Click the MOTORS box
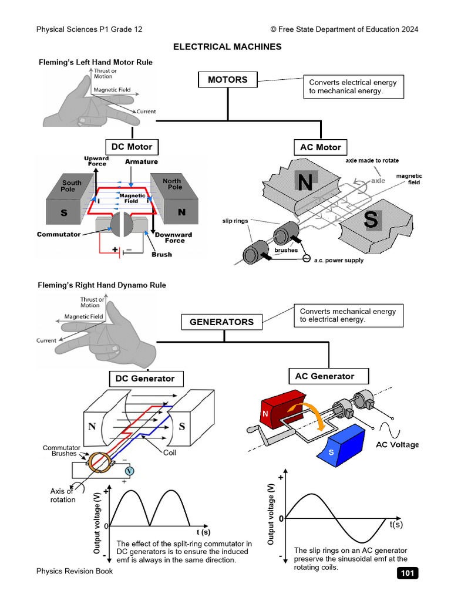227,80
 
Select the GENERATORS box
221,322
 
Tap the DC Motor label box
132,147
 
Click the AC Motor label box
320,147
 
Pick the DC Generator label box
145,379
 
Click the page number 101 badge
408,573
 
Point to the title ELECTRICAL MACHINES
227,47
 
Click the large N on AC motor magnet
305,182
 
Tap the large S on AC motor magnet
371,220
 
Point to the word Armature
141,161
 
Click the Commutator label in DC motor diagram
59,234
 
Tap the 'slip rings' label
234,221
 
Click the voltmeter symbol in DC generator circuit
131,471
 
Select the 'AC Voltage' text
397,444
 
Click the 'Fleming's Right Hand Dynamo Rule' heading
102,285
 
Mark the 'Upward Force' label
96,161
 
